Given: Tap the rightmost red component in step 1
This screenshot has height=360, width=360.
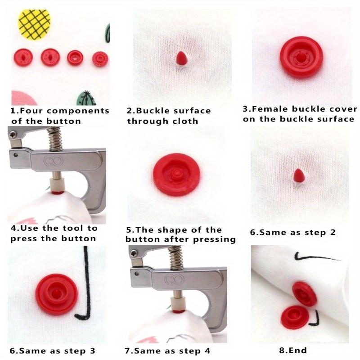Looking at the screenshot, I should coord(100,59).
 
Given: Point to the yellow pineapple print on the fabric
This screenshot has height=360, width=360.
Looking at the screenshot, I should coord(34,23).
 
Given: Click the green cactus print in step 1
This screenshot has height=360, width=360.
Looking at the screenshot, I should coord(86,98).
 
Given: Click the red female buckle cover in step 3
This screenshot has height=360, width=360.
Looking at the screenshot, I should coord(301,57).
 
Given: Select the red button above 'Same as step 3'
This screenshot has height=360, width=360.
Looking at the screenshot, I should coord(57,294).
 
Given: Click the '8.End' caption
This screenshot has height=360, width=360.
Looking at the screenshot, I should coord(293,350).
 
